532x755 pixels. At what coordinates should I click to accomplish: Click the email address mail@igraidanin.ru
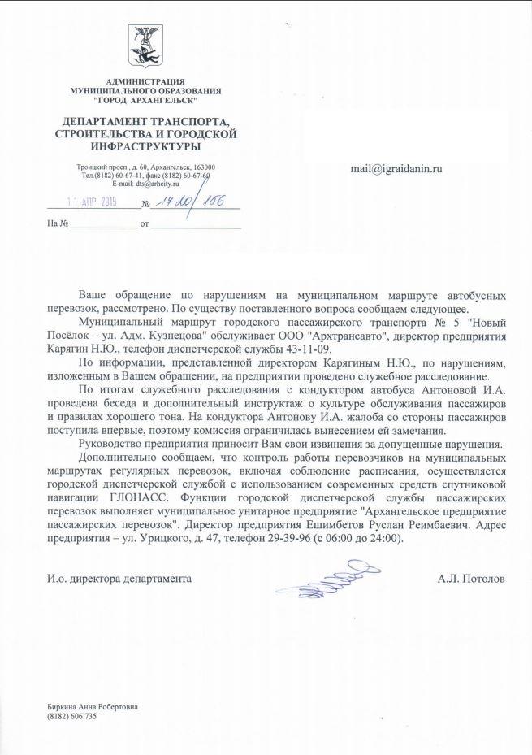[396, 167]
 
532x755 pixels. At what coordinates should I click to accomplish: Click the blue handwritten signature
[324, 575]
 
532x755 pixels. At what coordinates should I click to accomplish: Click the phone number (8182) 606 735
[72, 717]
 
